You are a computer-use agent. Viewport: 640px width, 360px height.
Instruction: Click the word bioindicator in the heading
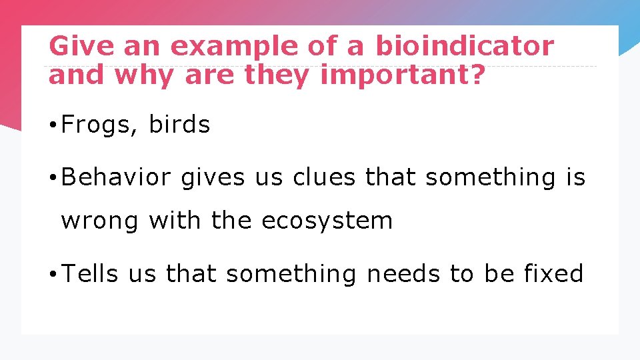tap(465, 47)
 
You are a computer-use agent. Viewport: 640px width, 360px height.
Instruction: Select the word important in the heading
tap(394, 76)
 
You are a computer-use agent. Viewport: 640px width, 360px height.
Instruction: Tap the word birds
tap(179, 125)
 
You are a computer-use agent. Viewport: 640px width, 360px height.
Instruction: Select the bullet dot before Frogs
tap(53, 125)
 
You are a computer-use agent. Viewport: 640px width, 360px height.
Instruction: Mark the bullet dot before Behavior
tap(53, 179)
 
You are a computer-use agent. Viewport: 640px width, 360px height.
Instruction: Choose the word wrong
tap(100, 221)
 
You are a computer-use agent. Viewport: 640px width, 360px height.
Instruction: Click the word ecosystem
tap(327, 221)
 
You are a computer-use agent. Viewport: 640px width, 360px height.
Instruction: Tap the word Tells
tap(90, 273)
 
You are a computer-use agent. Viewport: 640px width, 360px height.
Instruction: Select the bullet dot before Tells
tap(53, 274)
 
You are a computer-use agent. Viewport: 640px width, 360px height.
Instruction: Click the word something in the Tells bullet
tap(291, 273)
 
